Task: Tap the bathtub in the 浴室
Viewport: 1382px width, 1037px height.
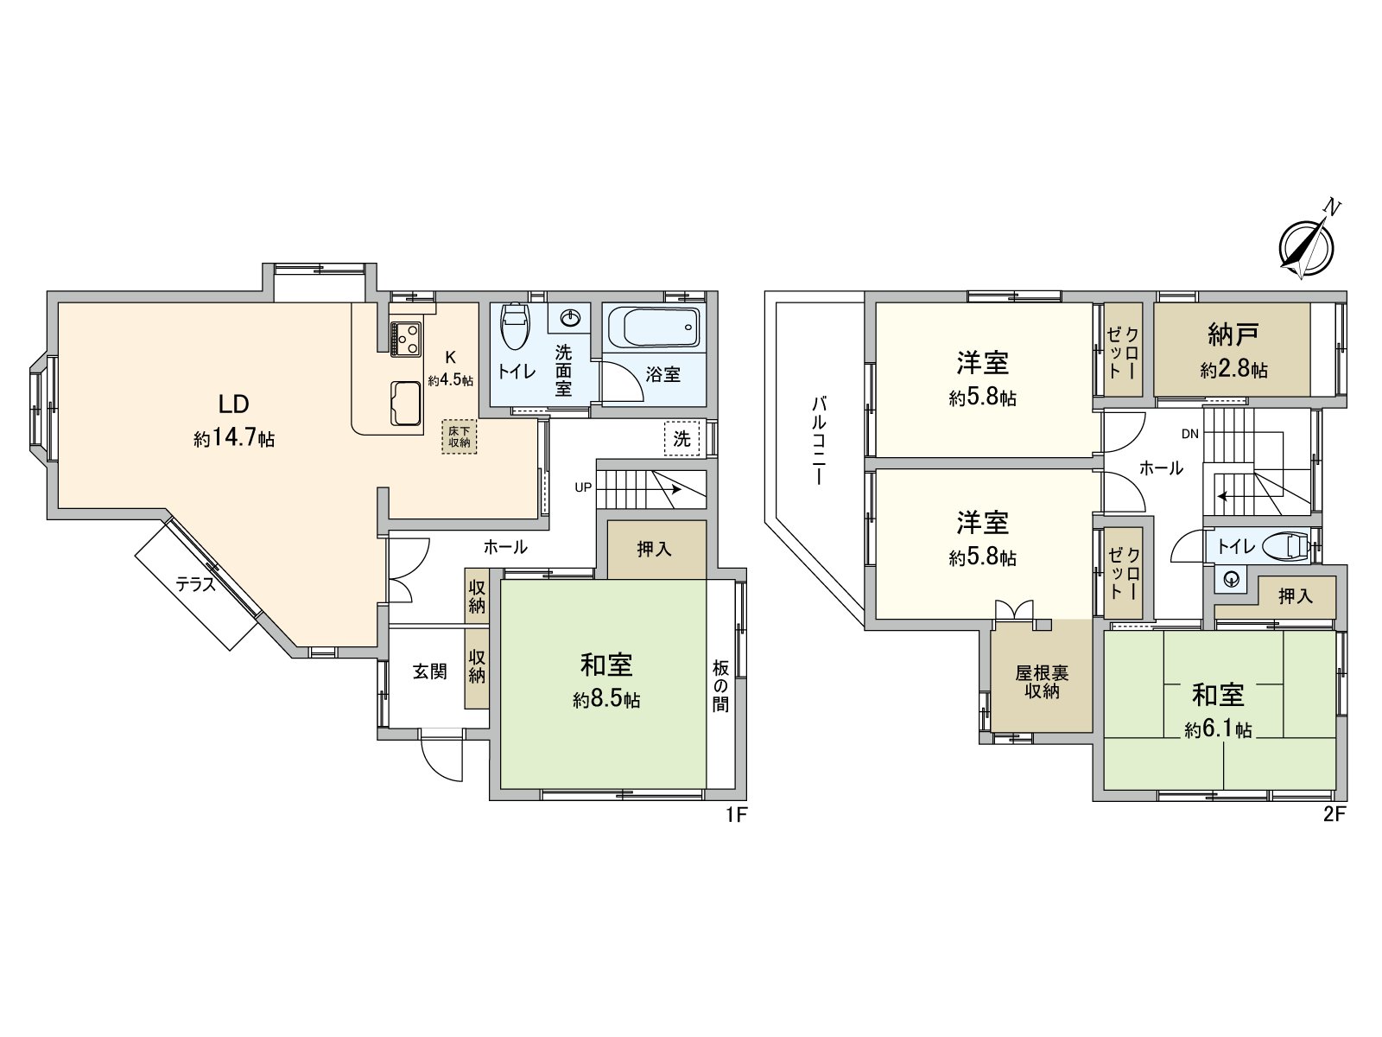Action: pos(654,328)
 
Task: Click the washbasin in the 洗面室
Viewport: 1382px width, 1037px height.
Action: pos(570,319)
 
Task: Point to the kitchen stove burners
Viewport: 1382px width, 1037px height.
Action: pos(405,338)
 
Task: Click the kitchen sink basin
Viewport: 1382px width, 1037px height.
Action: pos(406,403)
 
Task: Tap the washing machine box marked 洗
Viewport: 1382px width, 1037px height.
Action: pos(681,438)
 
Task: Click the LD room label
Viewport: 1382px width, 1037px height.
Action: pos(233,404)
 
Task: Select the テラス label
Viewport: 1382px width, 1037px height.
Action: pos(195,585)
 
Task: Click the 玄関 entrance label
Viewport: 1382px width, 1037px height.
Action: pos(429,671)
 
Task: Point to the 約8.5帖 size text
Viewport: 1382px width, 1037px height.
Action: pos(606,699)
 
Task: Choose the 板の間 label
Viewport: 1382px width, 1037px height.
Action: pos(720,686)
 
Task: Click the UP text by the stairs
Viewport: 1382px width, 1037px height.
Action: pos(583,487)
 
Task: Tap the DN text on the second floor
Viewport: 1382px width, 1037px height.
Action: pos(1190,434)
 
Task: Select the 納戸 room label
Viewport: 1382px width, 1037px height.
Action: pos(1233,334)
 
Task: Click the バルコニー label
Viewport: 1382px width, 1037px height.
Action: pos(819,441)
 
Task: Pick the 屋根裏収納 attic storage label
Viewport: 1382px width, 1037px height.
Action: pos(1042,682)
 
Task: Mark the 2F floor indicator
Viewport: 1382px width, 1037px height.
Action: pos(1334,814)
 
